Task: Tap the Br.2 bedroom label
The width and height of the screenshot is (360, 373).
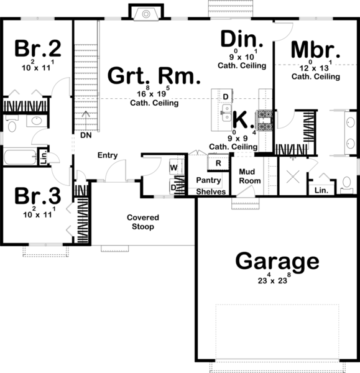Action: [x=38, y=48]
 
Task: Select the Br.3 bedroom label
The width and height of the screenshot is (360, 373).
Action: [x=38, y=196]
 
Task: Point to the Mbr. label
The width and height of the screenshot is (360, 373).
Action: [x=315, y=50]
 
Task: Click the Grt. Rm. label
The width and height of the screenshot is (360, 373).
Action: [x=154, y=76]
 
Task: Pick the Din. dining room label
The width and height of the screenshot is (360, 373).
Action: [x=242, y=39]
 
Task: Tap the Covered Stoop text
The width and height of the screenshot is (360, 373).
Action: [x=143, y=222]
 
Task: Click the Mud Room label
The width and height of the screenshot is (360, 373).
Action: [x=249, y=177]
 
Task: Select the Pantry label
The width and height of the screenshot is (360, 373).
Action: [x=208, y=180]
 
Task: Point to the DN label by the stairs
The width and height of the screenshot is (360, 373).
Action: [x=86, y=135]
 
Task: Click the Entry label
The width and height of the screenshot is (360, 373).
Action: [x=108, y=155]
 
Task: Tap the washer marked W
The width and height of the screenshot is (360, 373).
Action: [x=177, y=167]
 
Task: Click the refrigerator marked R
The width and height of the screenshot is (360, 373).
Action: [x=218, y=163]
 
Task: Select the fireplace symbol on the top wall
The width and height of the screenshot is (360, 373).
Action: [x=146, y=14]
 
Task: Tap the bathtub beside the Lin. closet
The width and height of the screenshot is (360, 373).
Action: [x=21, y=157]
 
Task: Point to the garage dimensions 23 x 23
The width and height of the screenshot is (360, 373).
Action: [x=274, y=279]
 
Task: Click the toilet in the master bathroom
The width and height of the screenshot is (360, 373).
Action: [x=347, y=185]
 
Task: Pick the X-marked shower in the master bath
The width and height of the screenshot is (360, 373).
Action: [x=293, y=177]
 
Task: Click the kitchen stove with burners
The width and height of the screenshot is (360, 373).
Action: [x=264, y=121]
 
